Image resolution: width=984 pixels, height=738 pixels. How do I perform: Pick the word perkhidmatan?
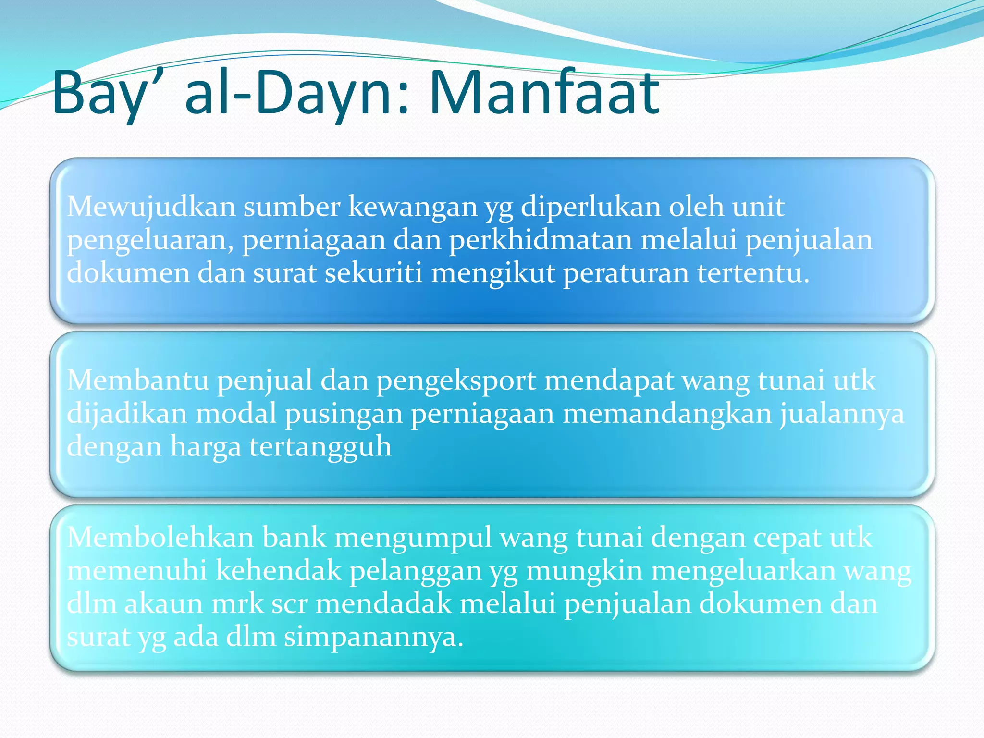point(541,240)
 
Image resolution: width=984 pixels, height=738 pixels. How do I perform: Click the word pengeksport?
point(456,381)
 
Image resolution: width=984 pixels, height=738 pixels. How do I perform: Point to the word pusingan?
point(344,414)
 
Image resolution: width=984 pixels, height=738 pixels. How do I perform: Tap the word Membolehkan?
point(160,537)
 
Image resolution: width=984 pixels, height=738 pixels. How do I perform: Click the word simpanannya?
point(373,637)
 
